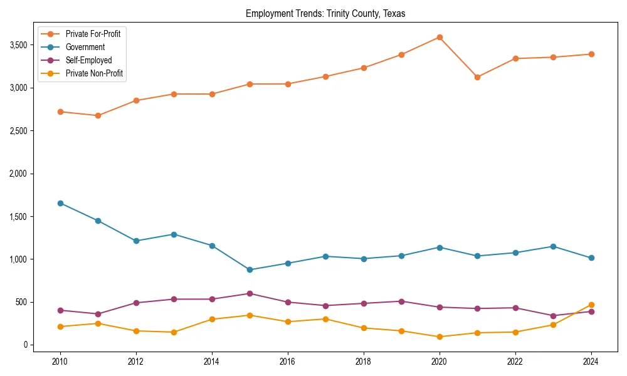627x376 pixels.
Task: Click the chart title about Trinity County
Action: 325,14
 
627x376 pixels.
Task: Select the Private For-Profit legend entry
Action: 93,34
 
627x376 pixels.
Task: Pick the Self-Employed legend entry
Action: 88,60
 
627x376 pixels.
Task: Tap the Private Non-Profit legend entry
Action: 94,73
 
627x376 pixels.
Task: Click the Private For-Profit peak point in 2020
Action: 440,37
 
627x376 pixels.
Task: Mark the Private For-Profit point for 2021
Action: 477,77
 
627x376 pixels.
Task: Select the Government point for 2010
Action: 61,203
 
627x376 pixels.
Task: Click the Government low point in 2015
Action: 250,269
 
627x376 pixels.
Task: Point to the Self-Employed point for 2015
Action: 250,293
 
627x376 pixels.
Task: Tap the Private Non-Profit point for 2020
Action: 440,337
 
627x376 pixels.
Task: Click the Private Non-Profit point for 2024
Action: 591,305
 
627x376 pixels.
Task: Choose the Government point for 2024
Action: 591,258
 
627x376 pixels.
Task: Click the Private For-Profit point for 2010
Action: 61,112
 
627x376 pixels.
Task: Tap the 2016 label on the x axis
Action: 288,362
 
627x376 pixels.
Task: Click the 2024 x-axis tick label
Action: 591,362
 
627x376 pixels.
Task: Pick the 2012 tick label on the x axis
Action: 136,362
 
